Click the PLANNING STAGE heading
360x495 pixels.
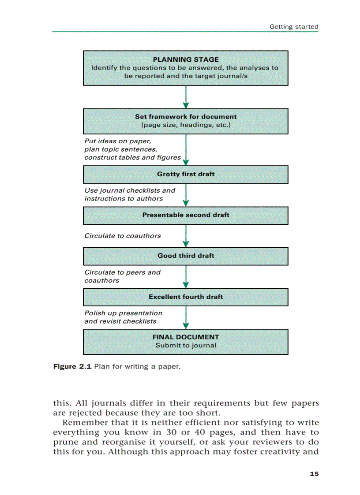(185, 60)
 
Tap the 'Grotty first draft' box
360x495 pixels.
(185, 174)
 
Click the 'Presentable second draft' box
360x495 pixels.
(185, 215)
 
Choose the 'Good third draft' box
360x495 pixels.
(185, 256)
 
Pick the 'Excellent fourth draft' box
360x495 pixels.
(185, 297)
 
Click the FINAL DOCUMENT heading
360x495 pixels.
(185, 337)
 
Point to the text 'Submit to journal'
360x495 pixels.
(185, 346)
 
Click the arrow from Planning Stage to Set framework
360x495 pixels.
(186, 97)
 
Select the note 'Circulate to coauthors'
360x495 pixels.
(123, 236)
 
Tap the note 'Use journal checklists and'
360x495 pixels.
(130, 190)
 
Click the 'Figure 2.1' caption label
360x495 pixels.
(71, 367)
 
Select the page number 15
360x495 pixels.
(314, 474)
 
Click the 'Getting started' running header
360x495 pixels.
(294, 26)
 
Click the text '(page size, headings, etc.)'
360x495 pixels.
(185, 125)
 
